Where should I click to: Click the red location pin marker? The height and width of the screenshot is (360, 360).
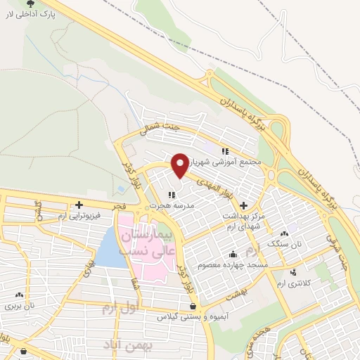point(181,165)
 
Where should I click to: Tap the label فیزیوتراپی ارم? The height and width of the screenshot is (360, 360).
point(79,214)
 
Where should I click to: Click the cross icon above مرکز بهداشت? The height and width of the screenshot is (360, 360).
point(243,206)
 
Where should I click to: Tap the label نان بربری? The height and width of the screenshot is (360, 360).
point(19,306)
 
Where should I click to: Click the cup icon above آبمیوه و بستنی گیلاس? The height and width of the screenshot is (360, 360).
point(193,307)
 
